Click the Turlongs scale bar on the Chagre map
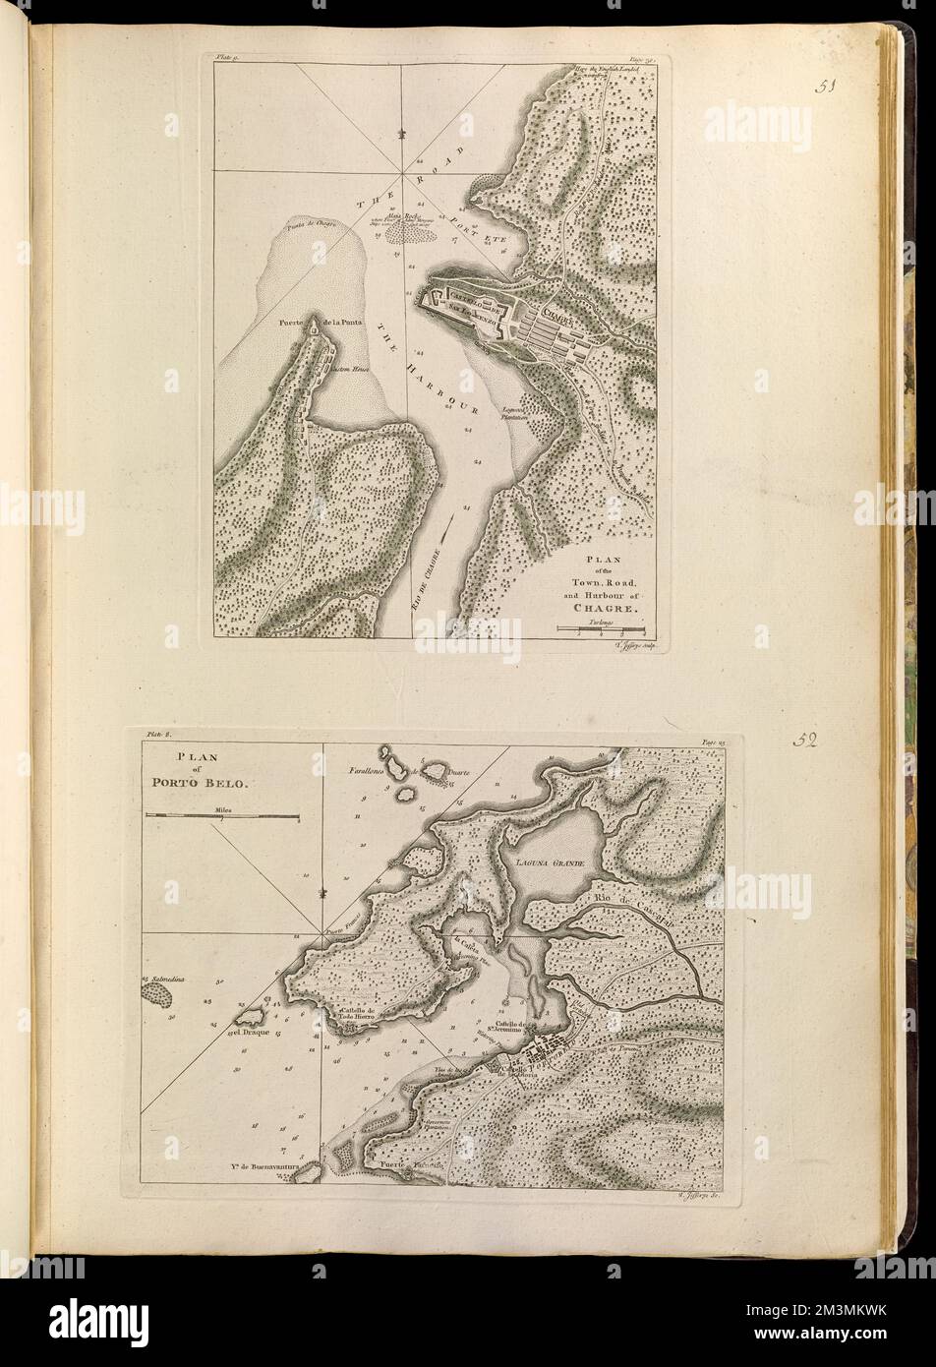(x=600, y=626)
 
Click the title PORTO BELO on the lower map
(x=214, y=784)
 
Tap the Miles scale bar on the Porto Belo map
(x=222, y=815)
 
